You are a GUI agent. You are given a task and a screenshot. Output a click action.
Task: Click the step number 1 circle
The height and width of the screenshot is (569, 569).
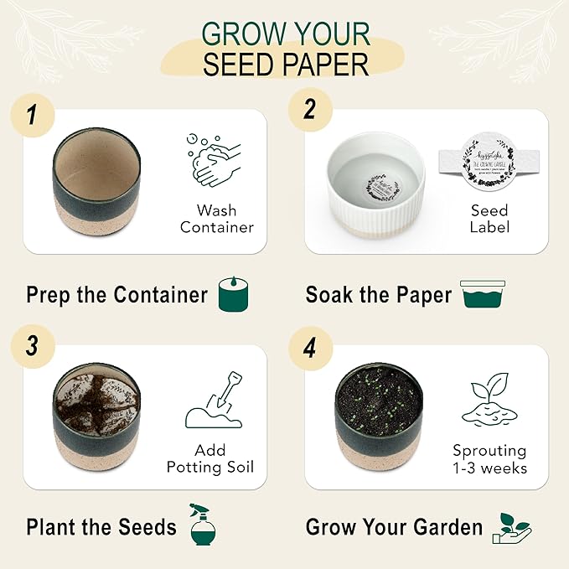pyautogui.click(x=32, y=114)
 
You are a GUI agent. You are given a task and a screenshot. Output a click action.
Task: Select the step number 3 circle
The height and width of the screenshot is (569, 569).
pyautogui.click(x=32, y=345)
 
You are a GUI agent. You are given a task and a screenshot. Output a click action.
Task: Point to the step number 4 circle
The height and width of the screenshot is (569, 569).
pyautogui.click(x=310, y=345)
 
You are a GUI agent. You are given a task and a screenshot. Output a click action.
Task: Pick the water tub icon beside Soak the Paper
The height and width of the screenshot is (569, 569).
pyautogui.click(x=484, y=295)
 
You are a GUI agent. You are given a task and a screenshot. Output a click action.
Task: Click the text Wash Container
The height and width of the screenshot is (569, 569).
pyautogui.click(x=216, y=218)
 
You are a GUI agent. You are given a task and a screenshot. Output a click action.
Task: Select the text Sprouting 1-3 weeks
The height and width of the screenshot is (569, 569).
pyautogui.click(x=489, y=458)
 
